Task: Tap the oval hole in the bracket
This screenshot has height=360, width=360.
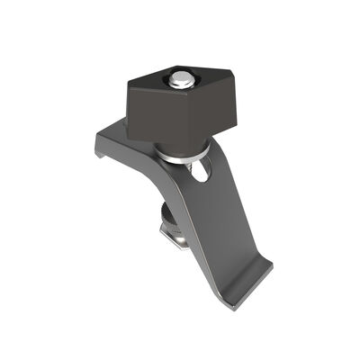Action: pyautogui.click(x=203, y=170)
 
